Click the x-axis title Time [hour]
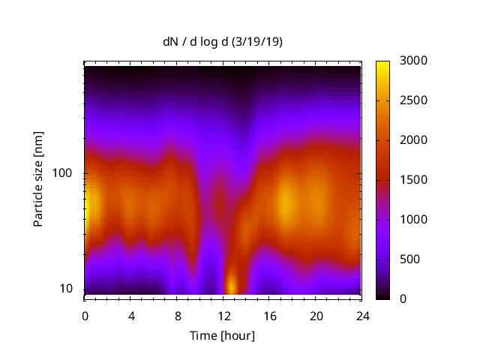221,335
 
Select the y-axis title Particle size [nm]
38,179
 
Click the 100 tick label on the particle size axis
61,173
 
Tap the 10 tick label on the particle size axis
65,289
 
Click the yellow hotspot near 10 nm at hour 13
232,286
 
